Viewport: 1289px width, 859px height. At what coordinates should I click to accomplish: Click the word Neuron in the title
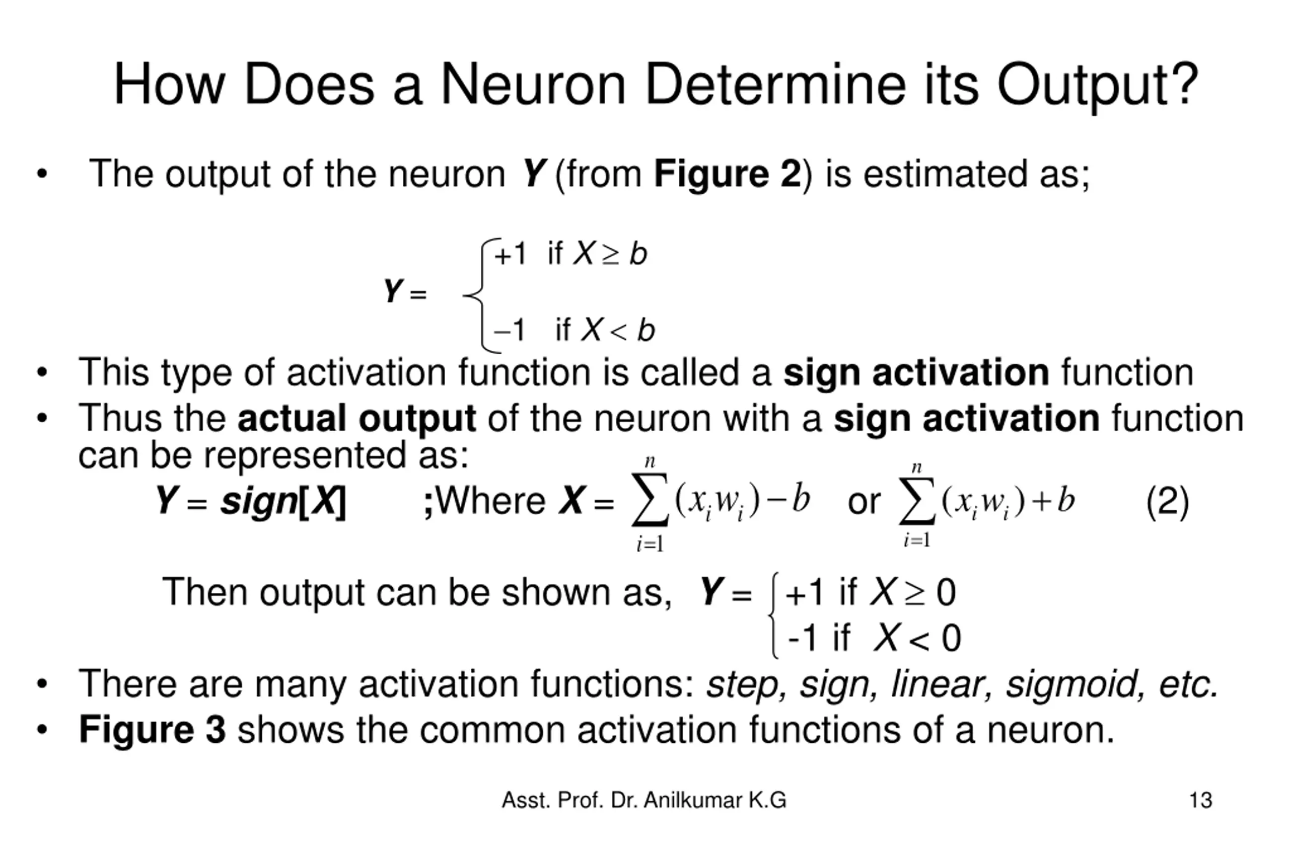pos(533,85)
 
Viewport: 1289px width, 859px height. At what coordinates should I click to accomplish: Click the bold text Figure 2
pos(727,174)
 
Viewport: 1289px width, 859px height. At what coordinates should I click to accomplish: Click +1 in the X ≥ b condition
pos(510,254)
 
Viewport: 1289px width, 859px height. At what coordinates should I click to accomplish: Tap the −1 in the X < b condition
pos(509,330)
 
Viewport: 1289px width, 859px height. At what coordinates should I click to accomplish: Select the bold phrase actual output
pos(356,419)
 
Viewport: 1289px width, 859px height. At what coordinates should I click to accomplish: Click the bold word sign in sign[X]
pos(259,501)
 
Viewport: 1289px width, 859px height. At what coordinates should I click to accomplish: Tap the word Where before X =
pos(490,501)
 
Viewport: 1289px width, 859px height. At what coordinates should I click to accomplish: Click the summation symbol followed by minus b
pos(650,500)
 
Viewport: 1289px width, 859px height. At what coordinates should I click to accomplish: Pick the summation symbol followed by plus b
pos(917,500)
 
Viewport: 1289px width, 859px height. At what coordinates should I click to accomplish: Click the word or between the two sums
pos(864,501)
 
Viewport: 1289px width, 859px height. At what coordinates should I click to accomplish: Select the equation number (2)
pos(1167,501)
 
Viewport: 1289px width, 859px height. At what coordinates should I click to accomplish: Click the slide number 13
pos(1200,801)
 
